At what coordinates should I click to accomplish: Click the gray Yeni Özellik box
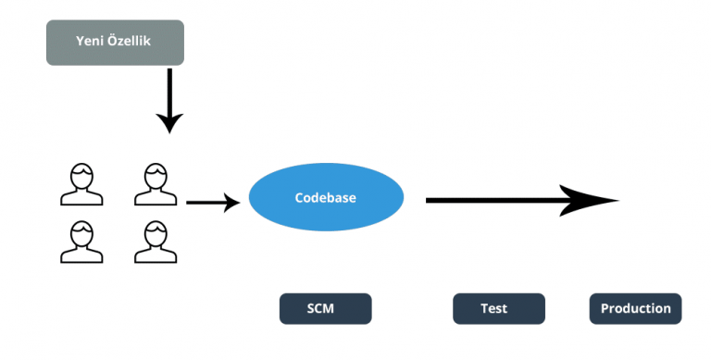pyautogui.click(x=115, y=43)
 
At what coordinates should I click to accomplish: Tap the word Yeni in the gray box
pyautogui.click(x=91, y=43)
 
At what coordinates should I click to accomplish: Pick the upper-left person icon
pyautogui.click(x=81, y=184)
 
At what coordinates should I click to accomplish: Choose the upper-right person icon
pyautogui.click(x=155, y=184)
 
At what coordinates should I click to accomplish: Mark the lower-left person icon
pyautogui.click(x=81, y=242)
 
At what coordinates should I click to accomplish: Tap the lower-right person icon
pyautogui.click(x=155, y=242)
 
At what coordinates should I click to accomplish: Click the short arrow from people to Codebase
pyautogui.click(x=208, y=202)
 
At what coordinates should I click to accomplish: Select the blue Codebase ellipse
pyautogui.click(x=326, y=198)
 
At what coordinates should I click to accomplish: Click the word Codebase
pyautogui.click(x=326, y=198)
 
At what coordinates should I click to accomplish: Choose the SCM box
pyautogui.click(x=325, y=309)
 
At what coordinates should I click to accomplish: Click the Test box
pyautogui.click(x=498, y=309)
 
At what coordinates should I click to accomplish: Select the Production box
pyautogui.click(x=635, y=309)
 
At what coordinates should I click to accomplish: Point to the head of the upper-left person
pyautogui.click(x=81, y=174)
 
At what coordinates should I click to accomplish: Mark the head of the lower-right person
pyautogui.click(x=155, y=231)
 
